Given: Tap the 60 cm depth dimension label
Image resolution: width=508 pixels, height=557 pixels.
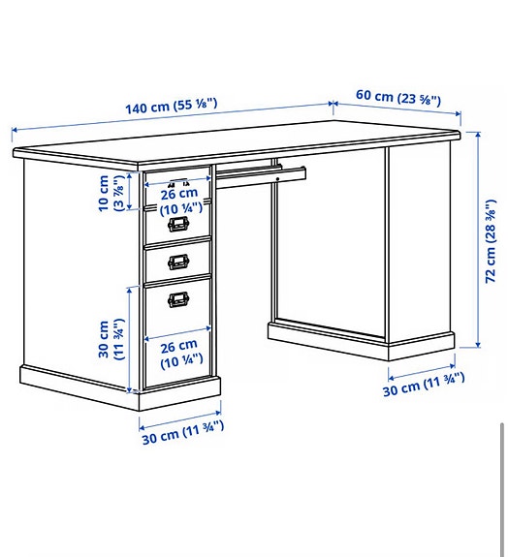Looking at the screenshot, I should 397,98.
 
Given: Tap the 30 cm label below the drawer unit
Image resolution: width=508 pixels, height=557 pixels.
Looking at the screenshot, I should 181,426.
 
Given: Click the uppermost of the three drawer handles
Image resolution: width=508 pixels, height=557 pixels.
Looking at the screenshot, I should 177,225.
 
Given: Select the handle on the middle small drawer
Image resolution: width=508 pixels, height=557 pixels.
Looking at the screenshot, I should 178,261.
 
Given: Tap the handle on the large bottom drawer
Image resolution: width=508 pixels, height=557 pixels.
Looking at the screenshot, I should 178,300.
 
